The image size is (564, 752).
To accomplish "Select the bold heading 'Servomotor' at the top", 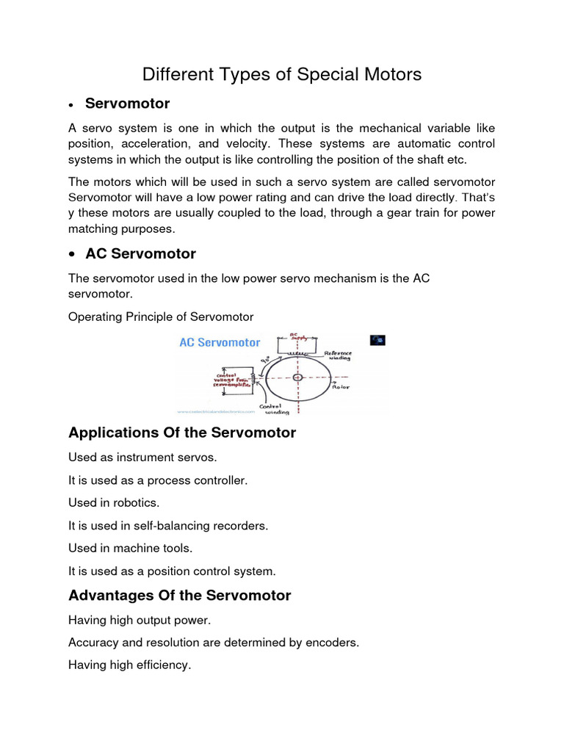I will point(127,103).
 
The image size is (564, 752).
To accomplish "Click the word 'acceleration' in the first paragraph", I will point(177,142).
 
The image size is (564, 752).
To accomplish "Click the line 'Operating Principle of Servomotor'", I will point(161,317).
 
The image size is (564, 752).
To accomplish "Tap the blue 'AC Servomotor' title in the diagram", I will point(220,342).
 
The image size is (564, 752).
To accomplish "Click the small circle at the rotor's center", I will point(297,377).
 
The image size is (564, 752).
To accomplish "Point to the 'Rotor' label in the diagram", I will point(340,386).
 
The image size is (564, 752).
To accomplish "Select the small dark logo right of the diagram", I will point(377,340).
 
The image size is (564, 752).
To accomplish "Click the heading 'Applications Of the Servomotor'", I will point(182,433).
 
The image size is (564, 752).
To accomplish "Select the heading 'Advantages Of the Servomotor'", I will point(179,596).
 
